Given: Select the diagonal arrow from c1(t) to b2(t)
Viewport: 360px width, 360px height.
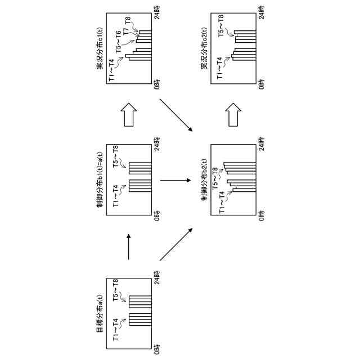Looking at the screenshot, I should point(174,116).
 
